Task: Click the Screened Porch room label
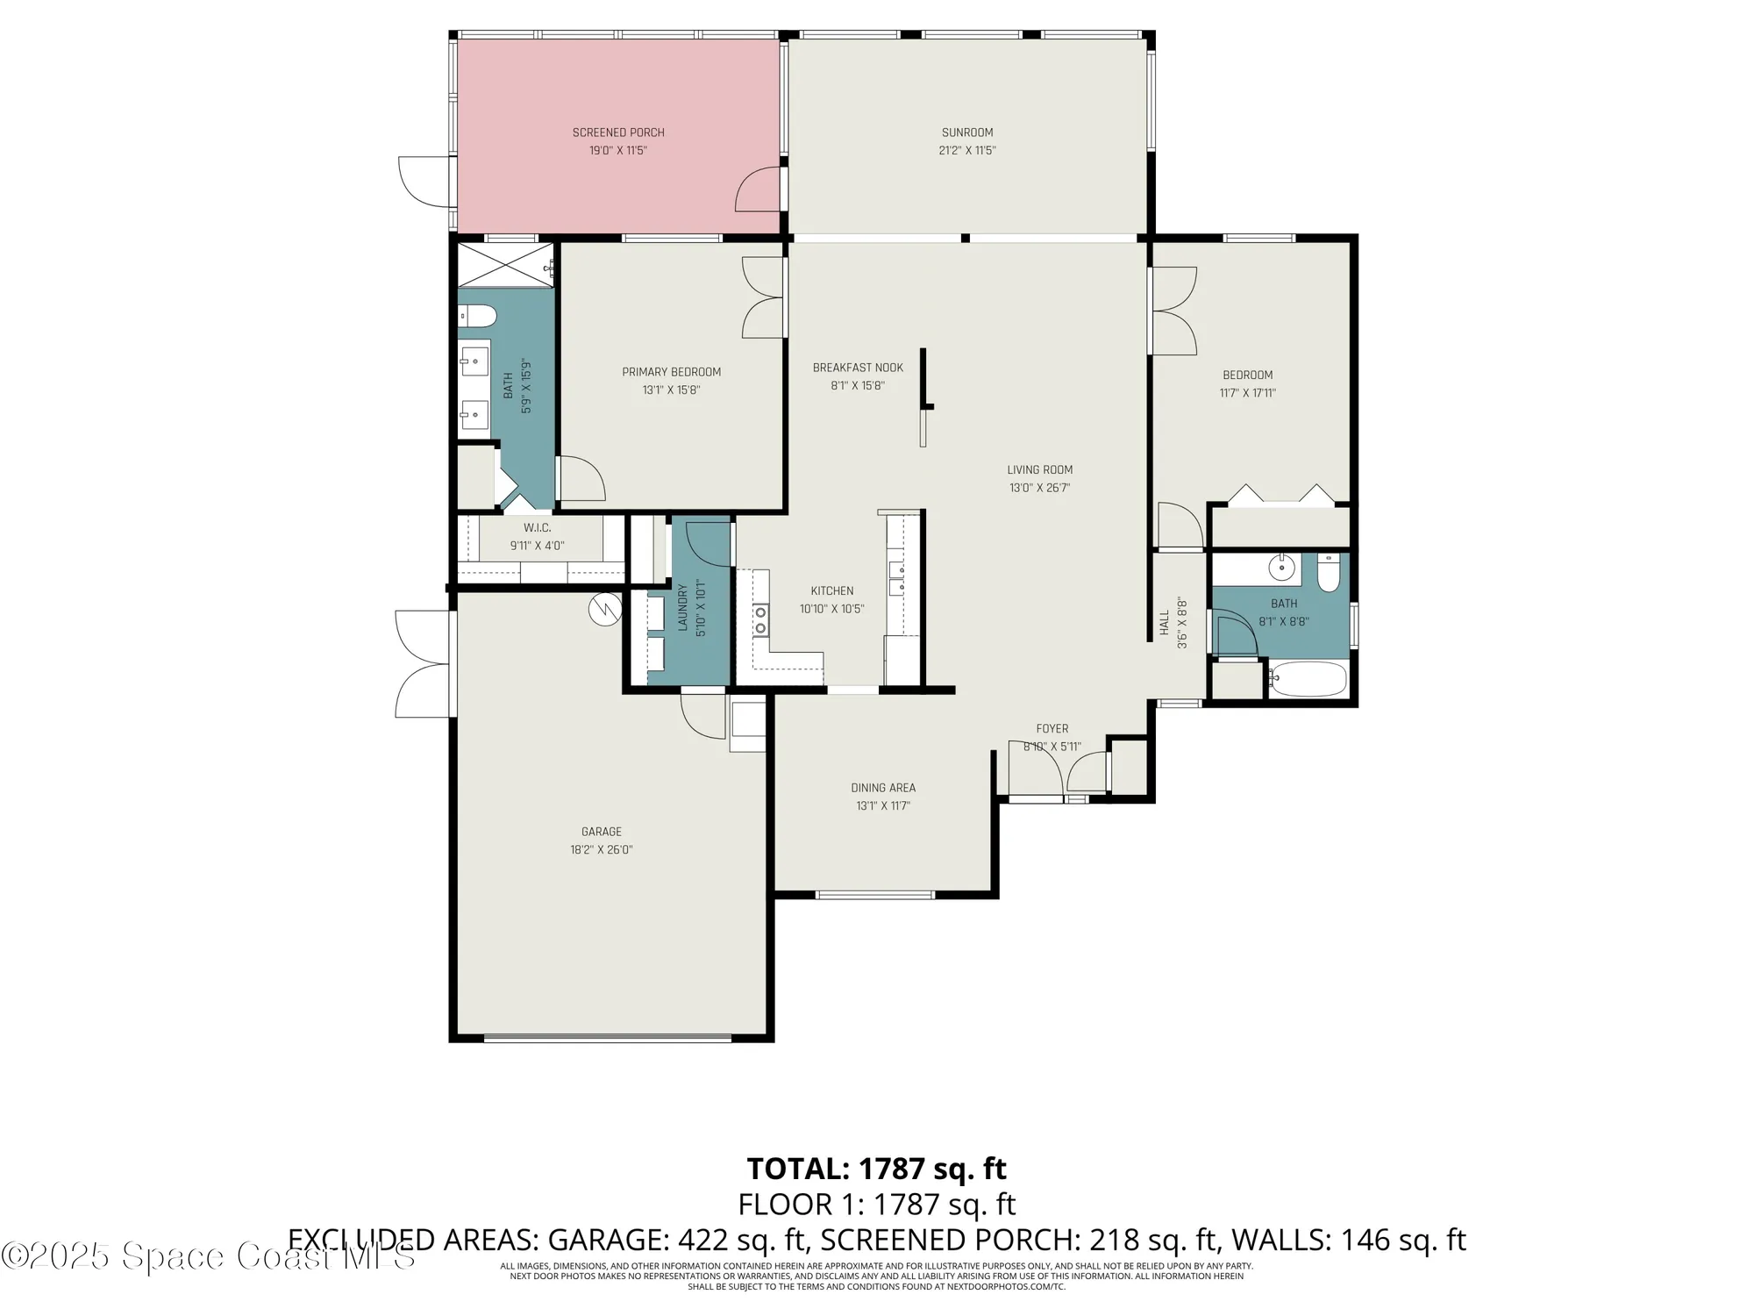click(618, 132)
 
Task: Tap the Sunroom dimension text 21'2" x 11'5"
click(967, 150)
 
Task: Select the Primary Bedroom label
click(671, 372)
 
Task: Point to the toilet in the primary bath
click(478, 315)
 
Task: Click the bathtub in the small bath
click(1308, 679)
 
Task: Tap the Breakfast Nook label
click(857, 368)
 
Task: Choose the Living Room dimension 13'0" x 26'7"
click(1039, 488)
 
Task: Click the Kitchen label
click(831, 590)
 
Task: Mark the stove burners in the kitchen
click(760, 619)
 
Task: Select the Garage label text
click(601, 832)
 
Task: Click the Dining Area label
click(883, 788)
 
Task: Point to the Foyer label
click(1052, 728)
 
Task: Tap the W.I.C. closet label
click(537, 527)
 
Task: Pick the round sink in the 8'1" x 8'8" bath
click(1282, 568)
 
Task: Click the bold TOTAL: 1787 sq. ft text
click(876, 1169)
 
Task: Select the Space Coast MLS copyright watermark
click(208, 1255)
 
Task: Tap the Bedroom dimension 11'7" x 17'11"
click(1247, 393)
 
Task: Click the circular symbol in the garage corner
click(604, 610)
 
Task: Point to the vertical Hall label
click(1165, 623)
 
